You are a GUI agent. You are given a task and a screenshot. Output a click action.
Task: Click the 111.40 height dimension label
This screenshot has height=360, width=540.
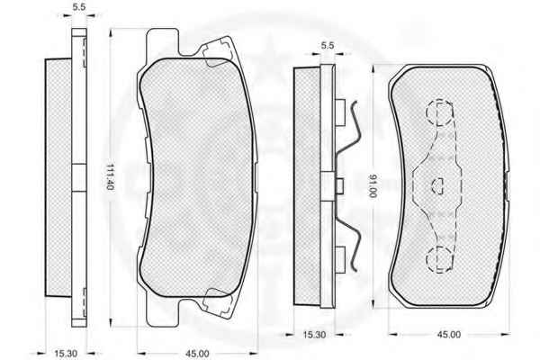[110, 176]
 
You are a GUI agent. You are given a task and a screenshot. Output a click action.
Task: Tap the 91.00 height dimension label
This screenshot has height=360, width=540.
[373, 186]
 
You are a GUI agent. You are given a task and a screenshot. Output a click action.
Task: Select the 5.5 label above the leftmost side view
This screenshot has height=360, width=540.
[79, 7]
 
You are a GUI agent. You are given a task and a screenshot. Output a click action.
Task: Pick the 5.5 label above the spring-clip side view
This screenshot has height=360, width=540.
[328, 45]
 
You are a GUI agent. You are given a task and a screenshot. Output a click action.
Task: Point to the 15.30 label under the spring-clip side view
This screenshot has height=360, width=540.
[314, 334]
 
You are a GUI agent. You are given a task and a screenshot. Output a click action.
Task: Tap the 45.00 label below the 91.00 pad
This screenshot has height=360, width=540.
[449, 334]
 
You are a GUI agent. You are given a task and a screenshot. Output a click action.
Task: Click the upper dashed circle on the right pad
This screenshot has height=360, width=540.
[439, 112]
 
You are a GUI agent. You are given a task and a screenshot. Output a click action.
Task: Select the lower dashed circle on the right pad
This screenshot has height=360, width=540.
[439, 259]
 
